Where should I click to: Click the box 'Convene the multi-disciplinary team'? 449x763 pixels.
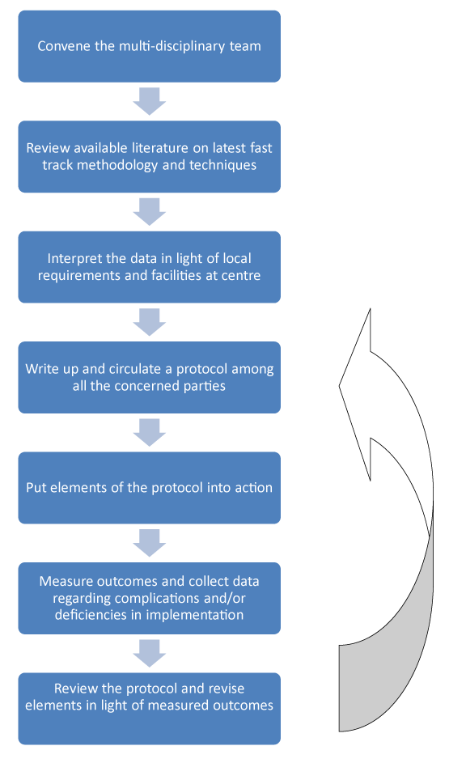point(150,46)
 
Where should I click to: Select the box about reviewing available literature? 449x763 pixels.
point(150,157)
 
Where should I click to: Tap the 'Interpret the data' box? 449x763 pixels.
point(150,267)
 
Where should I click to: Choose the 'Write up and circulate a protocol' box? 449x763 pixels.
point(150,378)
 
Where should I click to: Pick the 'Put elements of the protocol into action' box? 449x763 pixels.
point(150,488)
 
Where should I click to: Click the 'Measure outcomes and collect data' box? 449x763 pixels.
point(150,599)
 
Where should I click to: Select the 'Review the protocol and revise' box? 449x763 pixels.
point(150,709)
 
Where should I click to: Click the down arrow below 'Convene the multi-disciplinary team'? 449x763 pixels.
point(150,101)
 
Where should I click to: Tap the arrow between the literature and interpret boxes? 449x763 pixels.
point(150,212)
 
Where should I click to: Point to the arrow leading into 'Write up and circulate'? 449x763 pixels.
point(150,322)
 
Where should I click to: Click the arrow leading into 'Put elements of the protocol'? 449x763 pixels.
point(150,433)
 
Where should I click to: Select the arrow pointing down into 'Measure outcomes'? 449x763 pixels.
point(150,543)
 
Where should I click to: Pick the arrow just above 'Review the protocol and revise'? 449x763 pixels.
point(150,654)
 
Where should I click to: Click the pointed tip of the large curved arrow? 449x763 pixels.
point(339,387)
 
